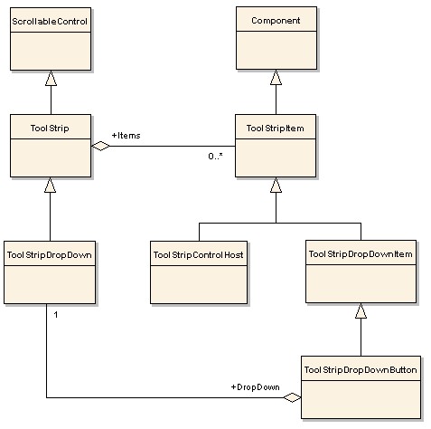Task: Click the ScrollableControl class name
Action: coord(50,22)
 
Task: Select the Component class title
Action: coord(276,21)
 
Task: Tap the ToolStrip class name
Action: coord(50,129)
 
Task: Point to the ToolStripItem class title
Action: coord(276,129)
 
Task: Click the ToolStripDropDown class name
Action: coord(50,255)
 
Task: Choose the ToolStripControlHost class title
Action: coord(199,255)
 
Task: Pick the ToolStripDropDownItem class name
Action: coord(361,254)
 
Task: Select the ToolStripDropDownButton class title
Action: coord(361,370)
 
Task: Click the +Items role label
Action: coord(126,136)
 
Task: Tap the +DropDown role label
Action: coord(256,387)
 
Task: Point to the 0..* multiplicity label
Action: coord(215,156)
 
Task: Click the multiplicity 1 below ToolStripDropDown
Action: coord(56,315)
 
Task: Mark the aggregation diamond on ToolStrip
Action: coord(100,146)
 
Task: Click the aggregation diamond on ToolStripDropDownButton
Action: coord(292,397)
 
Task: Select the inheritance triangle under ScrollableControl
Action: coord(51,78)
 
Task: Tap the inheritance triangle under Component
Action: coord(276,77)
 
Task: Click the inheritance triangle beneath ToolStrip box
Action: coord(50,185)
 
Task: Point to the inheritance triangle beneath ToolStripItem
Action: coord(276,185)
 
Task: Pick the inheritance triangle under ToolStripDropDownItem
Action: coord(361,310)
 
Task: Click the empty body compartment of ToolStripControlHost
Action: coord(199,284)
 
